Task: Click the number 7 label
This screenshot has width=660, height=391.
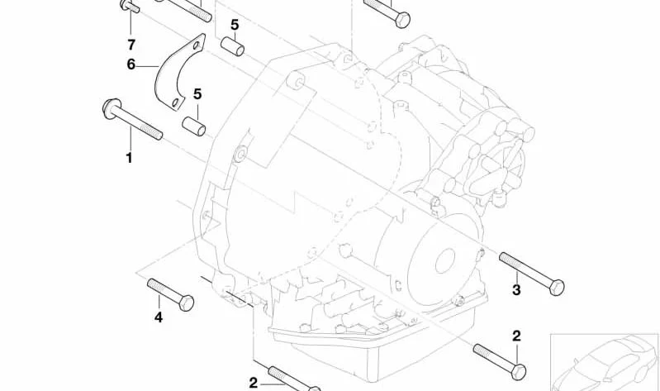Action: click(131, 45)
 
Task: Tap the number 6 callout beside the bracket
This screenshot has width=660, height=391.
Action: click(131, 64)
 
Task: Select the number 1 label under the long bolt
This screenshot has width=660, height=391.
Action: click(130, 159)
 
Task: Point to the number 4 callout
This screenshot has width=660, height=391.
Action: click(159, 317)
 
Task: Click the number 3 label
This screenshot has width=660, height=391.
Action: click(516, 290)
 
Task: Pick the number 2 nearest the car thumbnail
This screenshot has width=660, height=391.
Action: click(516, 336)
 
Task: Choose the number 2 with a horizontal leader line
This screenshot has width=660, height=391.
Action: click(253, 383)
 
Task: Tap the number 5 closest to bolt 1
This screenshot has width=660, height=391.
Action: click(197, 94)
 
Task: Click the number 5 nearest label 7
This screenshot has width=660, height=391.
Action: click(235, 25)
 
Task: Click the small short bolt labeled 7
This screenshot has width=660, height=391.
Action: click(130, 6)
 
